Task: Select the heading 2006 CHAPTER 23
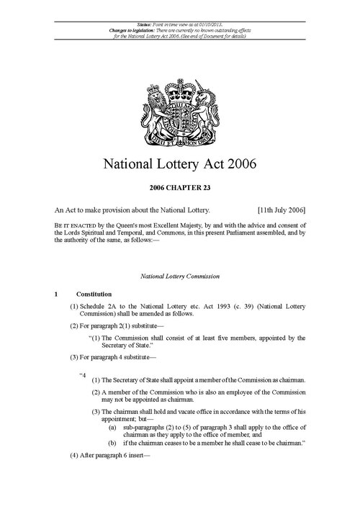point(179,190)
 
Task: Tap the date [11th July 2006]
point(281,210)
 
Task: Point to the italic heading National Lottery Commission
point(179,276)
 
